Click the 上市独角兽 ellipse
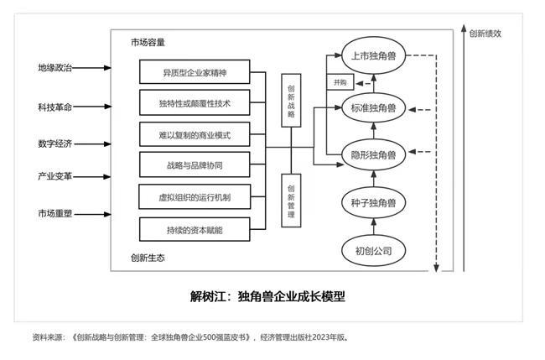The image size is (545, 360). click(374, 55)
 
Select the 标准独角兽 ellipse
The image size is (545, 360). click(374, 107)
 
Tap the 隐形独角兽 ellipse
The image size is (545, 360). click(374, 154)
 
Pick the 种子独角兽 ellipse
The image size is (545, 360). click(374, 202)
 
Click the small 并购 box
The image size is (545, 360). click(340, 82)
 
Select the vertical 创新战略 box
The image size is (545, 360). click(290, 100)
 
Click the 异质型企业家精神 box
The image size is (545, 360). click(194, 73)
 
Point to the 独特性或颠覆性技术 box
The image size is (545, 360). click(194, 104)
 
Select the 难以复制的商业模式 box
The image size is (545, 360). click(194, 135)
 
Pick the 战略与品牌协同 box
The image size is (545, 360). click(194, 166)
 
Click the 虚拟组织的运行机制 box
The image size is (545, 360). click(194, 197)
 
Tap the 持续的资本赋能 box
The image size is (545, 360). click(194, 228)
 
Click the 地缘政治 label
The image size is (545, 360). click(54, 66)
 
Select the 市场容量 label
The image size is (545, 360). click(148, 41)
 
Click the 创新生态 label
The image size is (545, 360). click(148, 257)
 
